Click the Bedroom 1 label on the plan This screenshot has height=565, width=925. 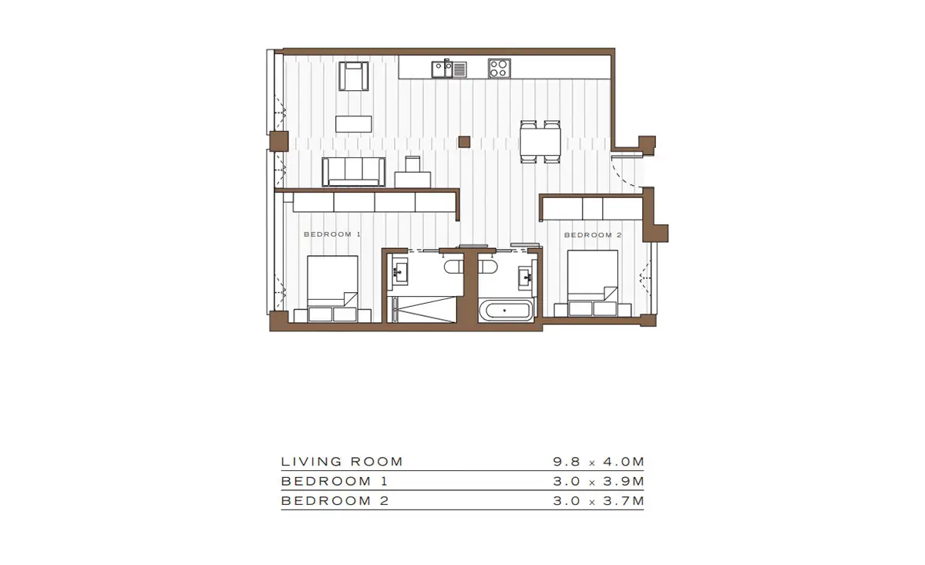[x=332, y=234]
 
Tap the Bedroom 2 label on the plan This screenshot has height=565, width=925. [x=593, y=235]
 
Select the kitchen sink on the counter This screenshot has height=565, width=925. [x=449, y=69]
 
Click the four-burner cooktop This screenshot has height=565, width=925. [x=499, y=69]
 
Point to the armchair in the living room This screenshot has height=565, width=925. [x=354, y=76]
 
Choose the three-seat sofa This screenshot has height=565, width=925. [x=354, y=172]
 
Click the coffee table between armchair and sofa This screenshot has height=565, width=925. [x=354, y=124]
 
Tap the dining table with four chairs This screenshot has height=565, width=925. [x=540, y=142]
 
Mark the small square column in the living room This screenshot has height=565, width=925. [x=464, y=142]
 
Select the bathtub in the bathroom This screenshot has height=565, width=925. [x=506, y=310]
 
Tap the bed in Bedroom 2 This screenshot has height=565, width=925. [x=593, y=284]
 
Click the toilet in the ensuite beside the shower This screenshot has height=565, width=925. [x=454, y=267]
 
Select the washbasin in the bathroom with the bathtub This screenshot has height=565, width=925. [x=526, y=275]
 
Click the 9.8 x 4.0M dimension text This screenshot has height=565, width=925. [x=599, y=462]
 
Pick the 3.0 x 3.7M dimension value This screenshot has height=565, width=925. [x=599, y=501]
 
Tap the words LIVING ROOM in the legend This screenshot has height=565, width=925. [x=342, y=462]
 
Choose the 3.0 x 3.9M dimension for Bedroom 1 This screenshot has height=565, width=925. [x=599, y=481]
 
